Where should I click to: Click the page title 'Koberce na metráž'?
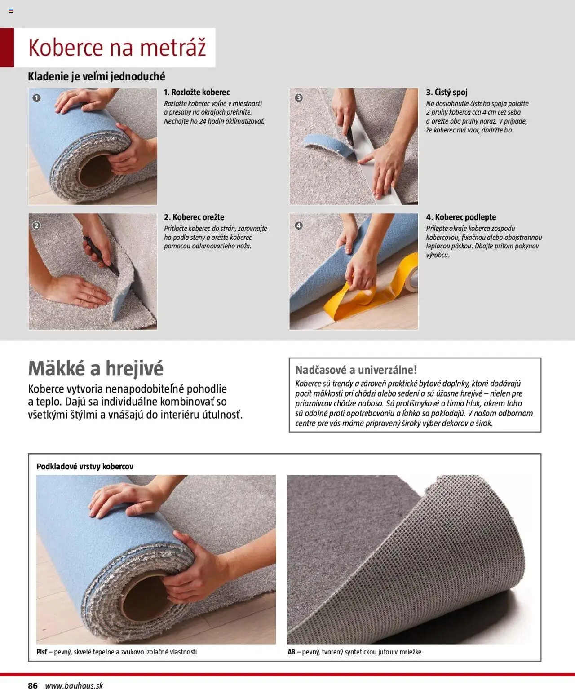pos(117,48)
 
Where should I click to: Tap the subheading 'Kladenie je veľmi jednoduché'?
pos(97,76)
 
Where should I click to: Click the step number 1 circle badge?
pos(37,97)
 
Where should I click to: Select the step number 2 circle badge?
pos(36,225)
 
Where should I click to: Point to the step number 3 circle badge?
pos(299,97)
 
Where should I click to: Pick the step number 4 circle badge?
pos(299,225)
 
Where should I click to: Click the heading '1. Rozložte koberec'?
pos(197,93)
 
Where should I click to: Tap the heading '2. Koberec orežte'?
pos(194,217)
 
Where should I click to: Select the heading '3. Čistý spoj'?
pos(447,92)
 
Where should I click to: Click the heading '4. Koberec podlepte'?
pos(461,217)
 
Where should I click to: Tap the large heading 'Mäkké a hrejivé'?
pos(96,368)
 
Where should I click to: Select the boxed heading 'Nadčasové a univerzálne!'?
pos(356,370)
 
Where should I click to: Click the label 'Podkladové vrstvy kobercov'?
pos(85,466)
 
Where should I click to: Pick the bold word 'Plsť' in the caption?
pos(42,652)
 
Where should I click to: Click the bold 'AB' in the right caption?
pos(291,652)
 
